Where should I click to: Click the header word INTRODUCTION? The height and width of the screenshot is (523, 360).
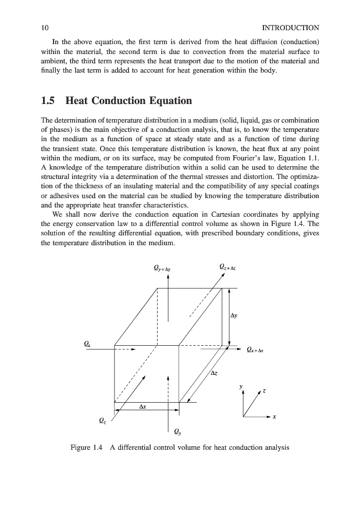tap(290, 27)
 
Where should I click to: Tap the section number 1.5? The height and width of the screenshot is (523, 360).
tap(50, 101)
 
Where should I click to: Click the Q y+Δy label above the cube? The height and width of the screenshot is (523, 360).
tap(162, 268)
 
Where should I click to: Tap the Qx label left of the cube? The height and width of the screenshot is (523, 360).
tap(87, 344)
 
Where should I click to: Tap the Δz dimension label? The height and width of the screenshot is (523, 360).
tap(214, 372)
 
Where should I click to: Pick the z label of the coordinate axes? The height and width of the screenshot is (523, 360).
tap(264, 392)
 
